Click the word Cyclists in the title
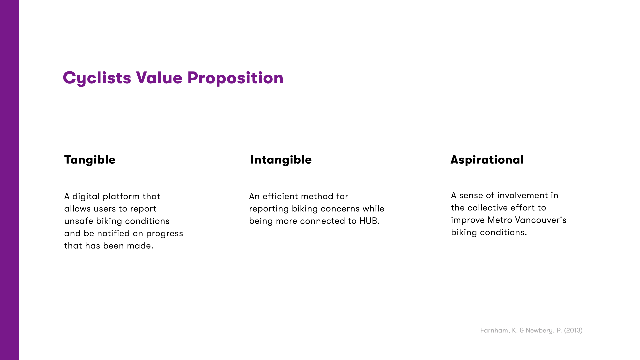point(97,78)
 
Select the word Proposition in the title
point(235,78)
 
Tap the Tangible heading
point(90,160)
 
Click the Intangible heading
point(281,160)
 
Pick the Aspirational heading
point(487,160)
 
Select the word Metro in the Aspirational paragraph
point(500,220)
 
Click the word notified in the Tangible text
point(113,233)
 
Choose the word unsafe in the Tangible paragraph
point(79,221)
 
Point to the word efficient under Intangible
point(280,196)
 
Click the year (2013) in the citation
point(573,330)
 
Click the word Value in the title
point(159,78)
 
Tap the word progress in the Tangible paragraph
point(164,234)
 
